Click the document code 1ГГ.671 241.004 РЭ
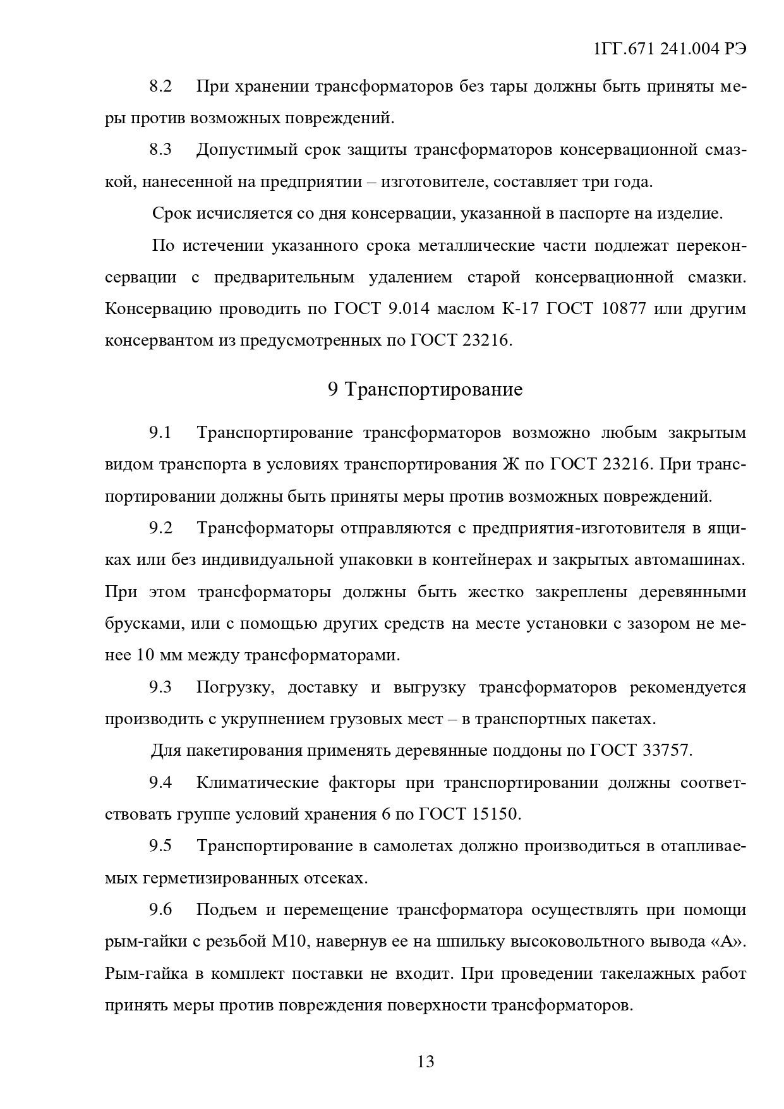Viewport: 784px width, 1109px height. point(670,50)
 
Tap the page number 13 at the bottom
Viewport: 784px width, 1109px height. point(426,1061)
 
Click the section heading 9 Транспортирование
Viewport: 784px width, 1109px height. point(425,389)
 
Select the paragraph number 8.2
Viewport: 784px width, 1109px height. point(160,87)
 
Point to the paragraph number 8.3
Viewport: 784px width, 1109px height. point(160,150)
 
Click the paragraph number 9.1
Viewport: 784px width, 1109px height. point(160,433)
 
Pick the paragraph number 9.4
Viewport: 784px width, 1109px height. point(160,783)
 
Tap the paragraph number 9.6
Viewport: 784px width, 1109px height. point(160,910)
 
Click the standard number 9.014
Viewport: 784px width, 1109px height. point(409,309)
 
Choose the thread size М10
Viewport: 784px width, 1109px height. point(289,942)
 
